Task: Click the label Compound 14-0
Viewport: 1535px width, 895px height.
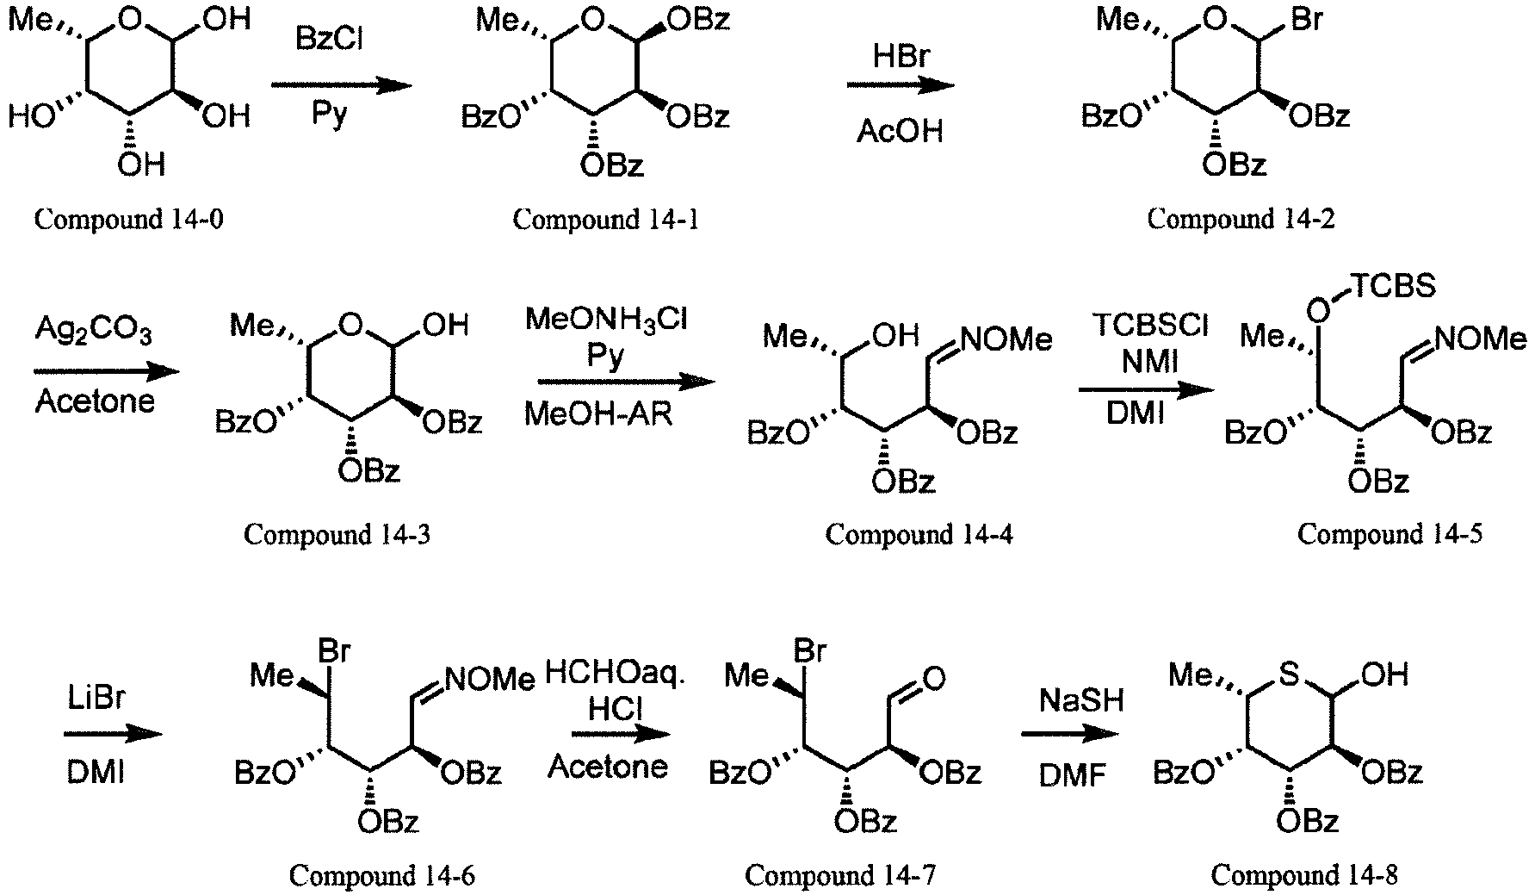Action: coord(129,220)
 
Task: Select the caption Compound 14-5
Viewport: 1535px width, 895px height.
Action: coord(1390,534)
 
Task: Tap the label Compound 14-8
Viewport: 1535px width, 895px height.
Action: coord(1304,875)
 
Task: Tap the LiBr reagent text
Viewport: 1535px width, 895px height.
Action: coord(96,697)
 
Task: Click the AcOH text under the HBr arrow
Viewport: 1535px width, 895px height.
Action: coord(900,132)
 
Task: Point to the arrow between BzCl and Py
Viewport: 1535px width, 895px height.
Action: coord(340,84)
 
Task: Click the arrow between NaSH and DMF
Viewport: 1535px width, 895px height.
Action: coord(1070,735)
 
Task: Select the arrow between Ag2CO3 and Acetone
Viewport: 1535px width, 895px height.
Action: coord(107,372)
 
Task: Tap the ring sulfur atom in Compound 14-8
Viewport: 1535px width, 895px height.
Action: coord(1289,674)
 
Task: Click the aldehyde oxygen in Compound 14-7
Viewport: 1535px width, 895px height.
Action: coord(933,679)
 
